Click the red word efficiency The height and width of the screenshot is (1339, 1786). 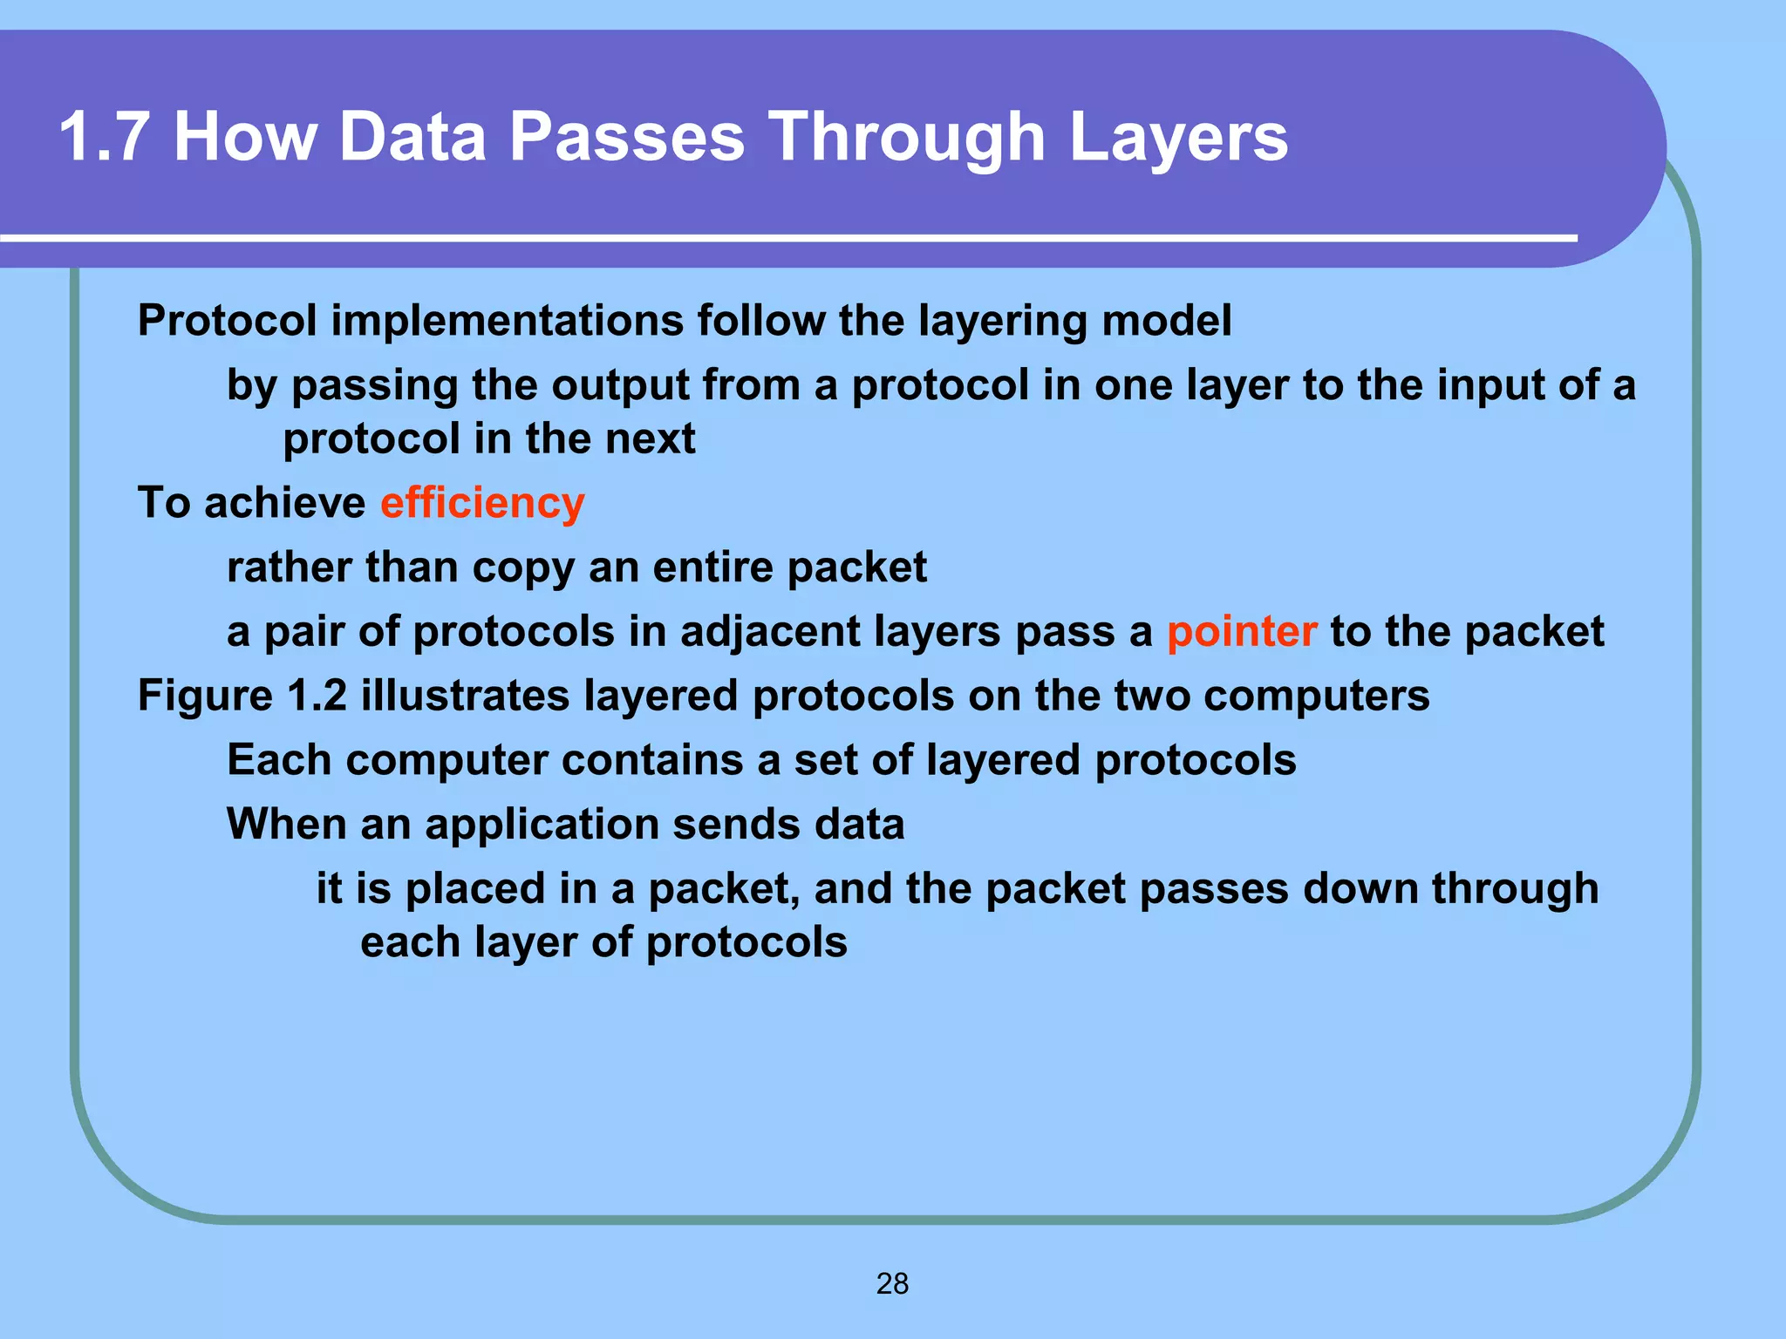coord(482,503)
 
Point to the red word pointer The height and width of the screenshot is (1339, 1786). coord(1241,631)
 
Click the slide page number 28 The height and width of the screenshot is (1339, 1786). coord(892,1283)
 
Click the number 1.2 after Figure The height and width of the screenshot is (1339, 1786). coord(317,696)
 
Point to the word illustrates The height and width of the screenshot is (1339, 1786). coord(465,696)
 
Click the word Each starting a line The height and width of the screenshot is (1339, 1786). coord(278,760)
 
